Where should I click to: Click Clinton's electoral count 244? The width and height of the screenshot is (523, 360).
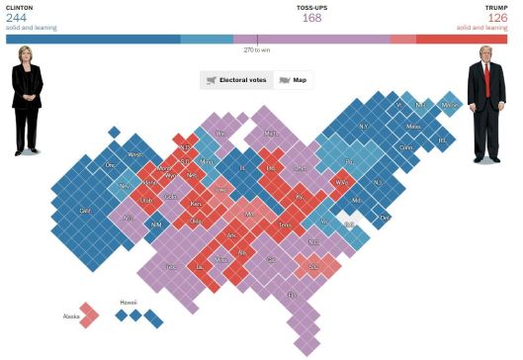(16, 17)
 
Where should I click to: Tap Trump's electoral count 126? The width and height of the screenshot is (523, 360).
(497, 17)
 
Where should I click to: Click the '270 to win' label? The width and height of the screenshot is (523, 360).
(257, 49)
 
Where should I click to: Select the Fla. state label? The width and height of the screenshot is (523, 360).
(292, 295)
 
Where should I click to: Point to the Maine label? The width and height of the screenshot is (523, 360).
(450, 104)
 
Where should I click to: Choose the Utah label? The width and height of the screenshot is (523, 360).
(145, 200)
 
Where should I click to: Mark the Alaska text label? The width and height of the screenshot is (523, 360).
(71, 316)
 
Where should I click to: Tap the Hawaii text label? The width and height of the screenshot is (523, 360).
(129, 302)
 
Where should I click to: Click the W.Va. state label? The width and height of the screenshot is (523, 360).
(342, 182)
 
